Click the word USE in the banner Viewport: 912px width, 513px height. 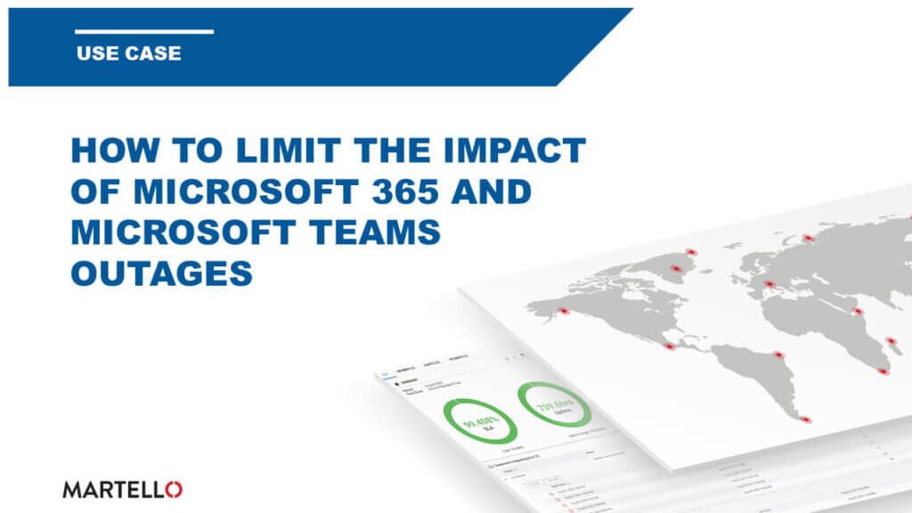click(x=94, y=53)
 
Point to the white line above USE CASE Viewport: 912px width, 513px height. click(x=144, y=32)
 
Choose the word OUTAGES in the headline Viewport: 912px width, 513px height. click(x=161, y=273)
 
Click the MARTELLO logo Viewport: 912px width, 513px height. click(x=123, y=488)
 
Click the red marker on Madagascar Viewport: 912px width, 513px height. click(x=883, y=370)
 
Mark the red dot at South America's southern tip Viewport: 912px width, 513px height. click(x=806, y=419)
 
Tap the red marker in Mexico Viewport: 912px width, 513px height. click(x=669, y=346)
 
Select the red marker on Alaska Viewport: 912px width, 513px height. click(x=562, y=311)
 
